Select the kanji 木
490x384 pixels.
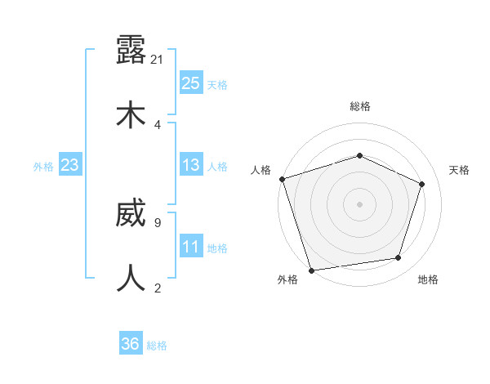coord(131,114)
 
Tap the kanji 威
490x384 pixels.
coord(131,214)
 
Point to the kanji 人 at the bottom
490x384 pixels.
coord(131,278)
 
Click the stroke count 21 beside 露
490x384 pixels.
coord(158,60)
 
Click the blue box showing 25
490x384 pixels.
coord(190,83)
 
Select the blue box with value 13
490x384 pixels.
coord(190,165)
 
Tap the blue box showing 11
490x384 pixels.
coord(190,247)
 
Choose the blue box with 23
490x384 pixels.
coord(69,165)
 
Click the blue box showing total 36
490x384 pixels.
coord(131,344)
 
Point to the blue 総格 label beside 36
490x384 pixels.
coord(157,346)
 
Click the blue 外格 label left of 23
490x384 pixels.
coord(43,167)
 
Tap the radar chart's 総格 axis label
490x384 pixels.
coord(359,106)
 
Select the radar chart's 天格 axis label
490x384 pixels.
coord(459,170)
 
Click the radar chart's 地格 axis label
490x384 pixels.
coord(428,279)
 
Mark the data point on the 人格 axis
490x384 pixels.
coord(282,179)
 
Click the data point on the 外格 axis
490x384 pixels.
coord(311,270)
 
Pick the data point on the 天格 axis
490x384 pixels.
coord(422,184)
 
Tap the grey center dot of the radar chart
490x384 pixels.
coord(359,204)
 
